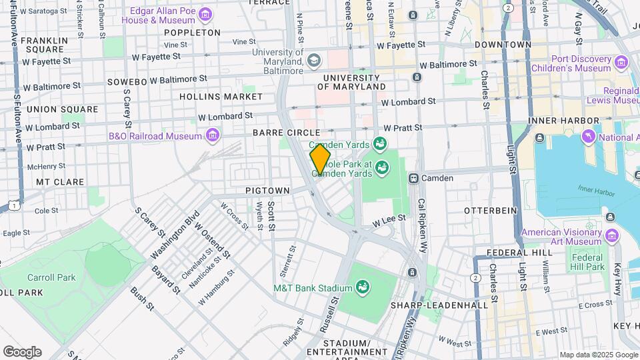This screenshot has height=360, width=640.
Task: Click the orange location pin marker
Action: (321, 159)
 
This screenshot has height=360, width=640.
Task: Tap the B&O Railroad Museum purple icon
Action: (213, 136)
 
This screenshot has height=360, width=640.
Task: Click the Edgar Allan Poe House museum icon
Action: (205, 15)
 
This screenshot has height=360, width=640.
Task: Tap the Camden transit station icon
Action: (414, 178)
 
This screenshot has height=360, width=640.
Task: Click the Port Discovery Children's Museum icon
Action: (622, 63)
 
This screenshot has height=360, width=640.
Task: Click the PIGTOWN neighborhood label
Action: (267, 191)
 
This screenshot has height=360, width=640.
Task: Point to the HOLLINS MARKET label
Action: (221, 97)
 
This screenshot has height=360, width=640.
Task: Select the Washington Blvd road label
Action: (175, 235)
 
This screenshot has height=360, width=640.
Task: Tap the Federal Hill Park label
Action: (587, 261)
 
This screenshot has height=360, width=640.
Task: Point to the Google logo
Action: (22, 352)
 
